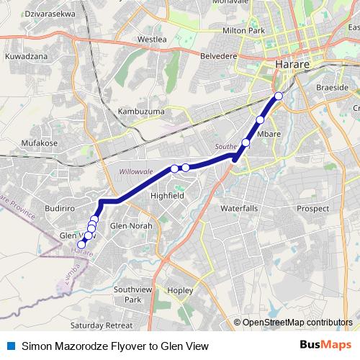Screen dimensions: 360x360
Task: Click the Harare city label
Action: click(x=292, y=65)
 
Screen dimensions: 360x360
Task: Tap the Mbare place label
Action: click(x=269, y=133)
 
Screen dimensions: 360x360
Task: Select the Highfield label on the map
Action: click(x=167, y=195)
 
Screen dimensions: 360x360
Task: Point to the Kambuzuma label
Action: click(x=140, y=112)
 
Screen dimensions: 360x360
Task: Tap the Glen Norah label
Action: click(x=130, y=225)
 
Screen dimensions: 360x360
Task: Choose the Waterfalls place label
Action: click(x=238, y=208)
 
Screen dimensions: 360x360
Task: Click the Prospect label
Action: click(x=312, y=208)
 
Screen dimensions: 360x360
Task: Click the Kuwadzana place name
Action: click(x=26, y=55)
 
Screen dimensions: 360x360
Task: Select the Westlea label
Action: click(x=152, y=39)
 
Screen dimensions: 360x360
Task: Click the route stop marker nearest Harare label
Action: click(x=279, y=96)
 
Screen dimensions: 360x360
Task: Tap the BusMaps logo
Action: click(x=326, y=346)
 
